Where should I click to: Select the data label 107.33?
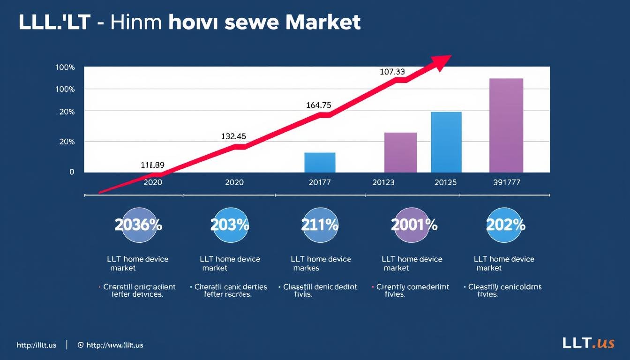click(x=392, y=72)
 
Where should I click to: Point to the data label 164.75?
click(x=318, y=105)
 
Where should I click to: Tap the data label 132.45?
click(x=233, y=137)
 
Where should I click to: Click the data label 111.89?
click(x=152, y=165)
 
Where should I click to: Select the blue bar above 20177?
click(x=320, y=163)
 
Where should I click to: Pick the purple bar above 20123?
click(x=400, y=152)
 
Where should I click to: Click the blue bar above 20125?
click(x=446, y=142)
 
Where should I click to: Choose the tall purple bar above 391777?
click(x=506, y=125)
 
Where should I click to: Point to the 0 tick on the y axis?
click(x=72, y=172)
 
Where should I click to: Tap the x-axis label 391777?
click(x=506, y=182)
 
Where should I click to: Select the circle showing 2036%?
click(x=138, y=225)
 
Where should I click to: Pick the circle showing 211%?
click(x=320, y=225)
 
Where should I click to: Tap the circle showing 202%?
click(x=505, y=225)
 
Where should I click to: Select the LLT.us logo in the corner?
click(x=588, y=343)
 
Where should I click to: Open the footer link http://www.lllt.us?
click(x=114, y=345)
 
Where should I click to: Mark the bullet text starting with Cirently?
click(x=412, y=291)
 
